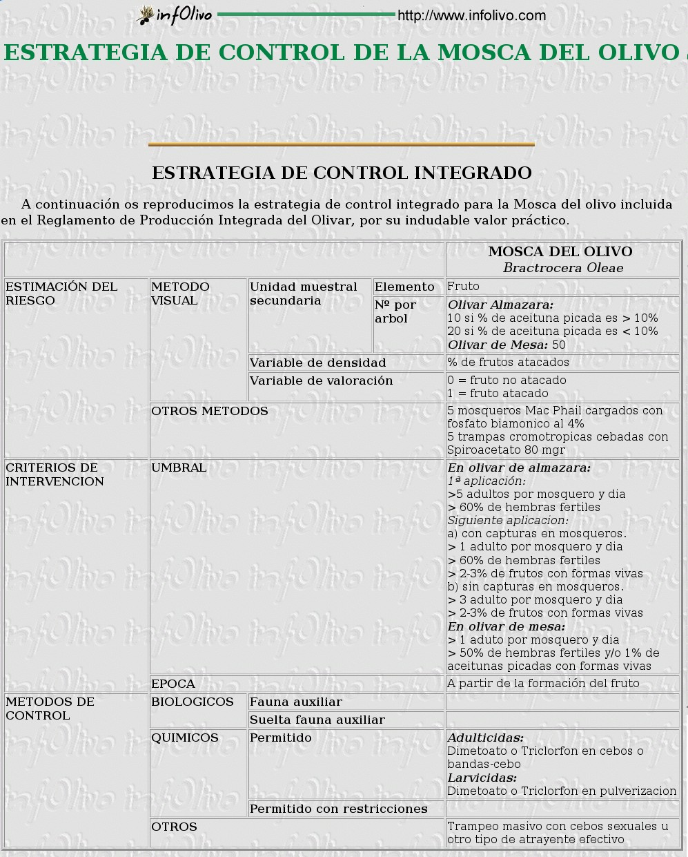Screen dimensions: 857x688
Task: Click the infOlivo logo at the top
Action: pyautogui.click(x=175, y=15)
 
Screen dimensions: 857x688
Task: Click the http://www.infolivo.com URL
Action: pyautogui.click(x=471, y=15)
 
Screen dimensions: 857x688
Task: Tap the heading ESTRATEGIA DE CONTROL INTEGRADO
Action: pyautogui.click(x=342, y=173)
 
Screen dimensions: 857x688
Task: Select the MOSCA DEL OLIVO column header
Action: pyautogui.click(x=560, y=252)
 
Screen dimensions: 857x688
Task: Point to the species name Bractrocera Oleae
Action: pyautogui.click(x=562, y=268)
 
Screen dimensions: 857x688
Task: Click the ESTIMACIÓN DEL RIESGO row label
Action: pyautogui.click(x=61, y=293)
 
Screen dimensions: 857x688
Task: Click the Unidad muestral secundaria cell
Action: pyautogui.click(x=304, y=293)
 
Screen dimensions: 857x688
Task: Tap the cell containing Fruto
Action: pyautogui.click(x=463, y=286)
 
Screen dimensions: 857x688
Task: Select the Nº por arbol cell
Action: pyautogui.click(x=395, y=311)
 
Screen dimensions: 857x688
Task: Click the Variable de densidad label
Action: pyautogui.click(x=317, y=363)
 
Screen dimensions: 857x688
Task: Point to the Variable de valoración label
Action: pyautogui.click(x=321, y=381)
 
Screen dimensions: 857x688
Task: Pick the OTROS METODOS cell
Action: pyautogui.click(x=210, y=411)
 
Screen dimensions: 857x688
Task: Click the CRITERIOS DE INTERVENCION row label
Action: pyautogui.click(x=55, y=474)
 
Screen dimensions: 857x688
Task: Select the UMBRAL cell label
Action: pyautogui.click(x=179, y=468)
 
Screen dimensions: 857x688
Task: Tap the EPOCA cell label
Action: pyautogui.click(x=173, y=684)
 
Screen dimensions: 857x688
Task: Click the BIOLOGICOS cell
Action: pyautogui.click(x=193, y=702)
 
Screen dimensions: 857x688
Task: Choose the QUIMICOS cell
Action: pyautogui.click(x=185, y=738)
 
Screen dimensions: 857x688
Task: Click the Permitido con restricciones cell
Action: pyautogui.click(x=338, y=809)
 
